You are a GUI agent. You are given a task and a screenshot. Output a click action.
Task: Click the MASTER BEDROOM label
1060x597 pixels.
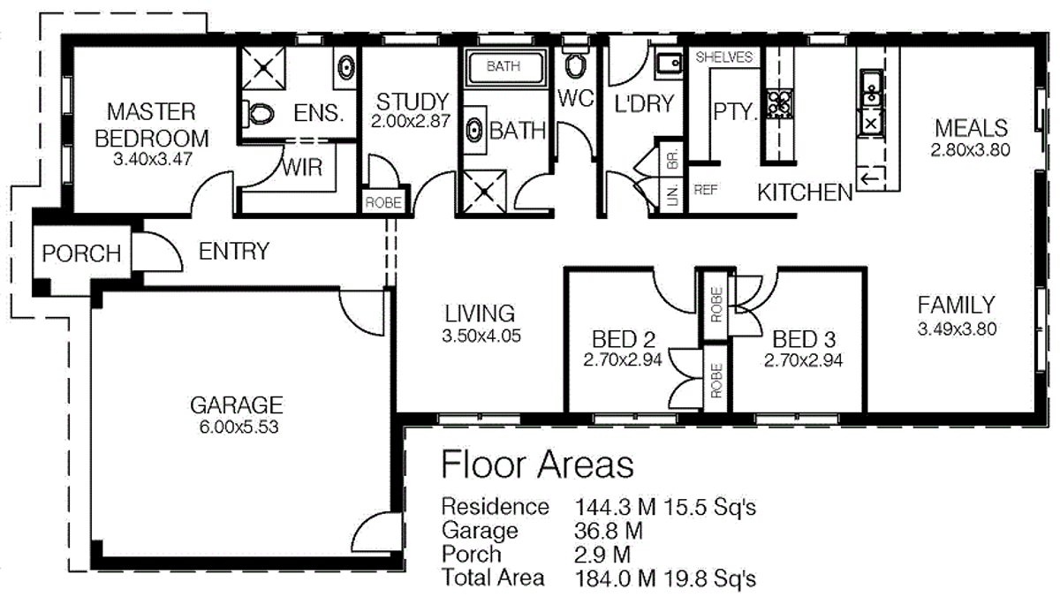[x=152, y=125]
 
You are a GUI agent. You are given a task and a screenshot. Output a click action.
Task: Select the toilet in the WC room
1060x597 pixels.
[x=575, y=64]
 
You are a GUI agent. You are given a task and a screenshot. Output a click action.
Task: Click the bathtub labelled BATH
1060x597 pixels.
[x=503, y=66]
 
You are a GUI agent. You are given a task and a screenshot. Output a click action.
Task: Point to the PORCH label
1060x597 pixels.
[x=81, y=254]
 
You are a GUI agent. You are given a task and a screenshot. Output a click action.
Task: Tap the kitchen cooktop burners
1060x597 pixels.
[x=780, y=102]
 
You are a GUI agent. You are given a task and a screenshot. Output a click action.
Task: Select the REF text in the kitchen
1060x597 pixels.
[x=706, y=189]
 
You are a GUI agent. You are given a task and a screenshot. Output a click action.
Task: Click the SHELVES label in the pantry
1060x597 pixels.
[x=724, y=57]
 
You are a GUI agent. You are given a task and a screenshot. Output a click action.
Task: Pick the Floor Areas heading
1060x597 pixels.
[x=537, y=464]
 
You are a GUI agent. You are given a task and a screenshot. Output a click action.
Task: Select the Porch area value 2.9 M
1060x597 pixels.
[x=602, y=555]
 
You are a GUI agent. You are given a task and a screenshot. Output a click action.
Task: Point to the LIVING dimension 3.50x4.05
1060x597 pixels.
[x=479, y=336]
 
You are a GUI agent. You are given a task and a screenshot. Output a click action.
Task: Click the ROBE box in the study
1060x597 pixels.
[x=383, y=203]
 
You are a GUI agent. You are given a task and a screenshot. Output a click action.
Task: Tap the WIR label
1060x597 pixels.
[x=303, y=168]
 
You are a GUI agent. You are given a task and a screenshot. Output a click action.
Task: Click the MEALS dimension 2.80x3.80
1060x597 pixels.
[x=969, y=149]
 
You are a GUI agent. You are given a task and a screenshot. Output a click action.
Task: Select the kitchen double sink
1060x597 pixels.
[x=870, y=87]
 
